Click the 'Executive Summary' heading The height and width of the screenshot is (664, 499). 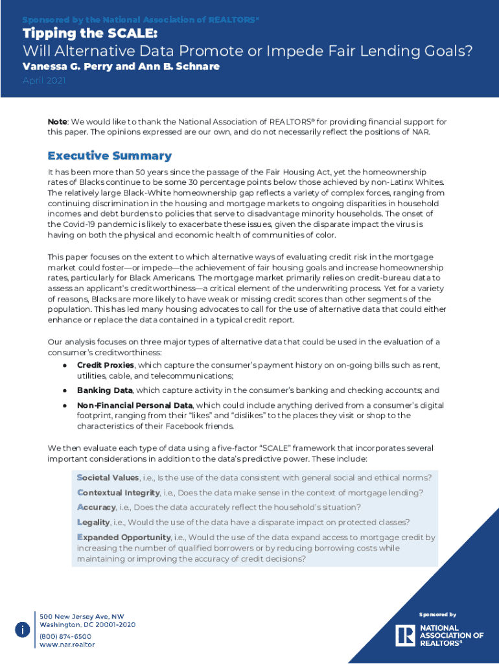click(x=110, y=156)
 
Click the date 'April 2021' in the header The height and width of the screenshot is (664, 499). click(x=44, y=81)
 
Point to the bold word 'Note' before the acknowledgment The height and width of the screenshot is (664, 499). click(x=58, y=121)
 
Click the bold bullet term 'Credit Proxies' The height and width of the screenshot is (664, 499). click(x=106, y=366)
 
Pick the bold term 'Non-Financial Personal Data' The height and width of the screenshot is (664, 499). click(x=135, y=405)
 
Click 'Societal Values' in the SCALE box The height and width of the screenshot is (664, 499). click(x=108, y=478)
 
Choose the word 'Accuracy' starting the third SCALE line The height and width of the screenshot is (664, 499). click(x=97, y=507)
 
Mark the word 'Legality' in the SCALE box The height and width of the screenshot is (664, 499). click(x=93, y=522)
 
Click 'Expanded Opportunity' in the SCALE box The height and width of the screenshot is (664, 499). click(x=123, y=538)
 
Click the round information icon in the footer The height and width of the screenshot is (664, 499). click(x=22, y=630)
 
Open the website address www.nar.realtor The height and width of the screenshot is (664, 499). click(x=67, y=645)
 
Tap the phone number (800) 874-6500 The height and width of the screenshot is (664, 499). click(x=65, y=636)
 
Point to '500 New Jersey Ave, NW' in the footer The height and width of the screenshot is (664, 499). click(x=82, y=616)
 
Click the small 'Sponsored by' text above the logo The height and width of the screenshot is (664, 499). click(x=437, y=614)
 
